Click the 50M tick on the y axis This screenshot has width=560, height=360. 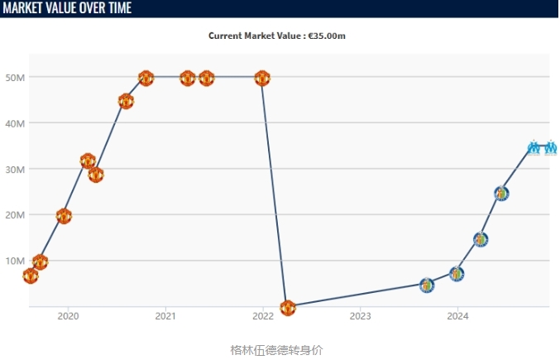tap(16, 77)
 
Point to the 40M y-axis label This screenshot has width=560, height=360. tap(16, 123)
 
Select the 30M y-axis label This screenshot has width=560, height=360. tap(16, 169)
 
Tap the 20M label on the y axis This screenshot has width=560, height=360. tap(16, 214)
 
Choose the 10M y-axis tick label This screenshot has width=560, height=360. tap(16, 261)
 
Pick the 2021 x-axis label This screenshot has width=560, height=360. tap(165, 316)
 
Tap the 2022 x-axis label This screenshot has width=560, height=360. tap(263, 316)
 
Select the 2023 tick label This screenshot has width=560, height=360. tap(361, 316)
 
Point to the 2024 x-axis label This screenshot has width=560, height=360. tap(457, 316)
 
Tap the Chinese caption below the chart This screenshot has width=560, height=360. tap(276, 349)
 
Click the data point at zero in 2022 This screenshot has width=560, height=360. tap(288, 308)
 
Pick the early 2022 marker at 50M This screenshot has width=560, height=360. tap(262, 79)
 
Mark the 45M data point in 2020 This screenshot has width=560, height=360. tap(126, 101)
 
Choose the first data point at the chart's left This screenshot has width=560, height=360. tap(31, 276)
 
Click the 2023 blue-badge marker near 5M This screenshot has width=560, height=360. tap(427, 286)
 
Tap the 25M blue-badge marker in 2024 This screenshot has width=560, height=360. tap(501, 194)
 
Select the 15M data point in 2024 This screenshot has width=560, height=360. tap(481, 240)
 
